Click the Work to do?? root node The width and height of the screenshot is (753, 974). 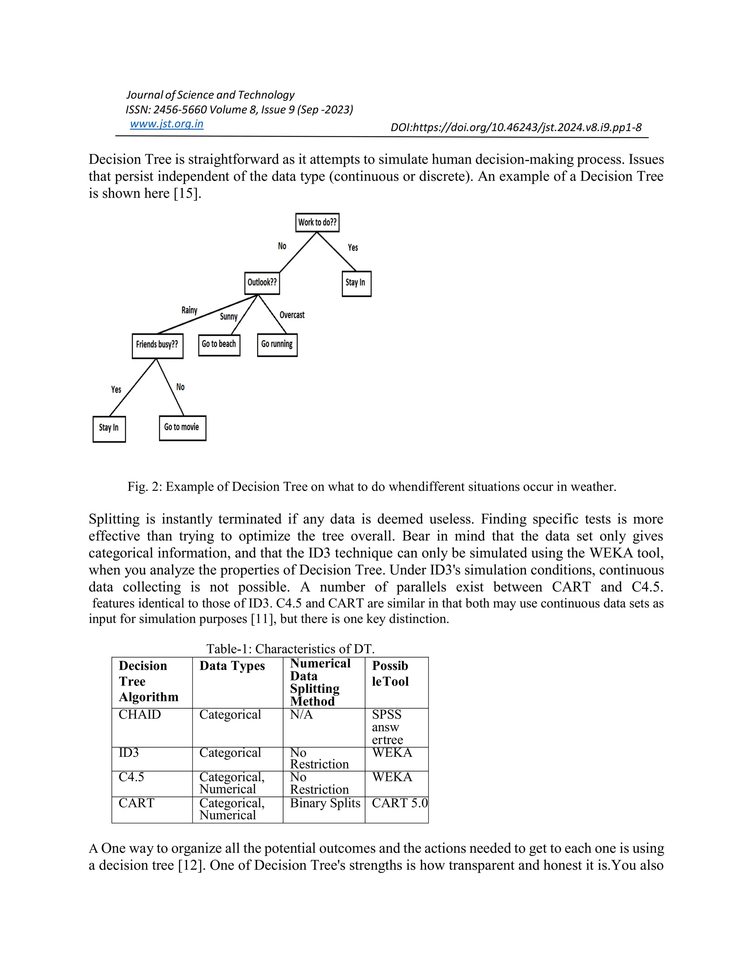317,222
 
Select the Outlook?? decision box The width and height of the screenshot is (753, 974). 262,282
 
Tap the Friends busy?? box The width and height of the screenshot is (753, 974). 157,344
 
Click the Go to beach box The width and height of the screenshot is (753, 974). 219,344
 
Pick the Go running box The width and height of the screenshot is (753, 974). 277,344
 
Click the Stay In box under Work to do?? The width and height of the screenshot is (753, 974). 356,283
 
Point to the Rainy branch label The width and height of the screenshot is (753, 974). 189,310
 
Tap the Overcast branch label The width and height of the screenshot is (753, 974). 292,315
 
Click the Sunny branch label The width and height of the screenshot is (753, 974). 228,316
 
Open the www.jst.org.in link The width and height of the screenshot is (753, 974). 167,124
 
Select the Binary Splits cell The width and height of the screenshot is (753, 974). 325,803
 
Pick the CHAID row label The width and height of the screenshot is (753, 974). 139,715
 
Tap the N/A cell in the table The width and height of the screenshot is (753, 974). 301,715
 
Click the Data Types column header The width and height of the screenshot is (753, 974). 232,666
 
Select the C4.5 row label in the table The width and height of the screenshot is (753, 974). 131,777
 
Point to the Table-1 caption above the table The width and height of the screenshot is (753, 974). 290,648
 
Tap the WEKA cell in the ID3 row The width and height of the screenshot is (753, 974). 392,753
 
